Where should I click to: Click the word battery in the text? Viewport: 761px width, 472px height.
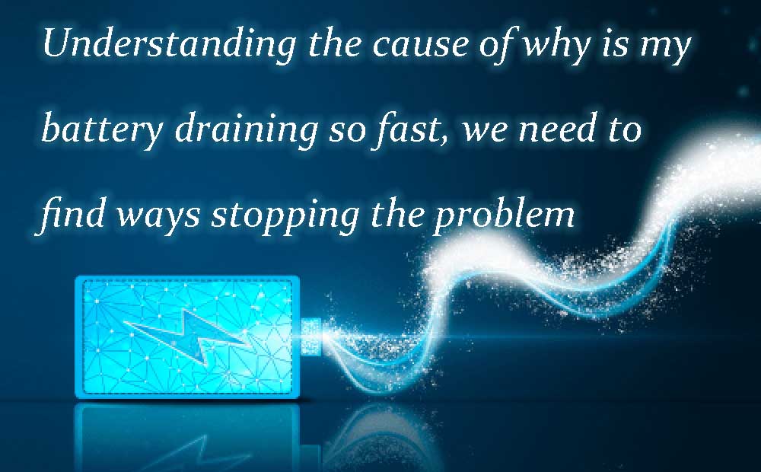coord(103,129)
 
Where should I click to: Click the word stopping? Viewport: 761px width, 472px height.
coord(285,216)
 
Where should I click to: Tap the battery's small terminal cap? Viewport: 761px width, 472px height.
coord(310,336)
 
